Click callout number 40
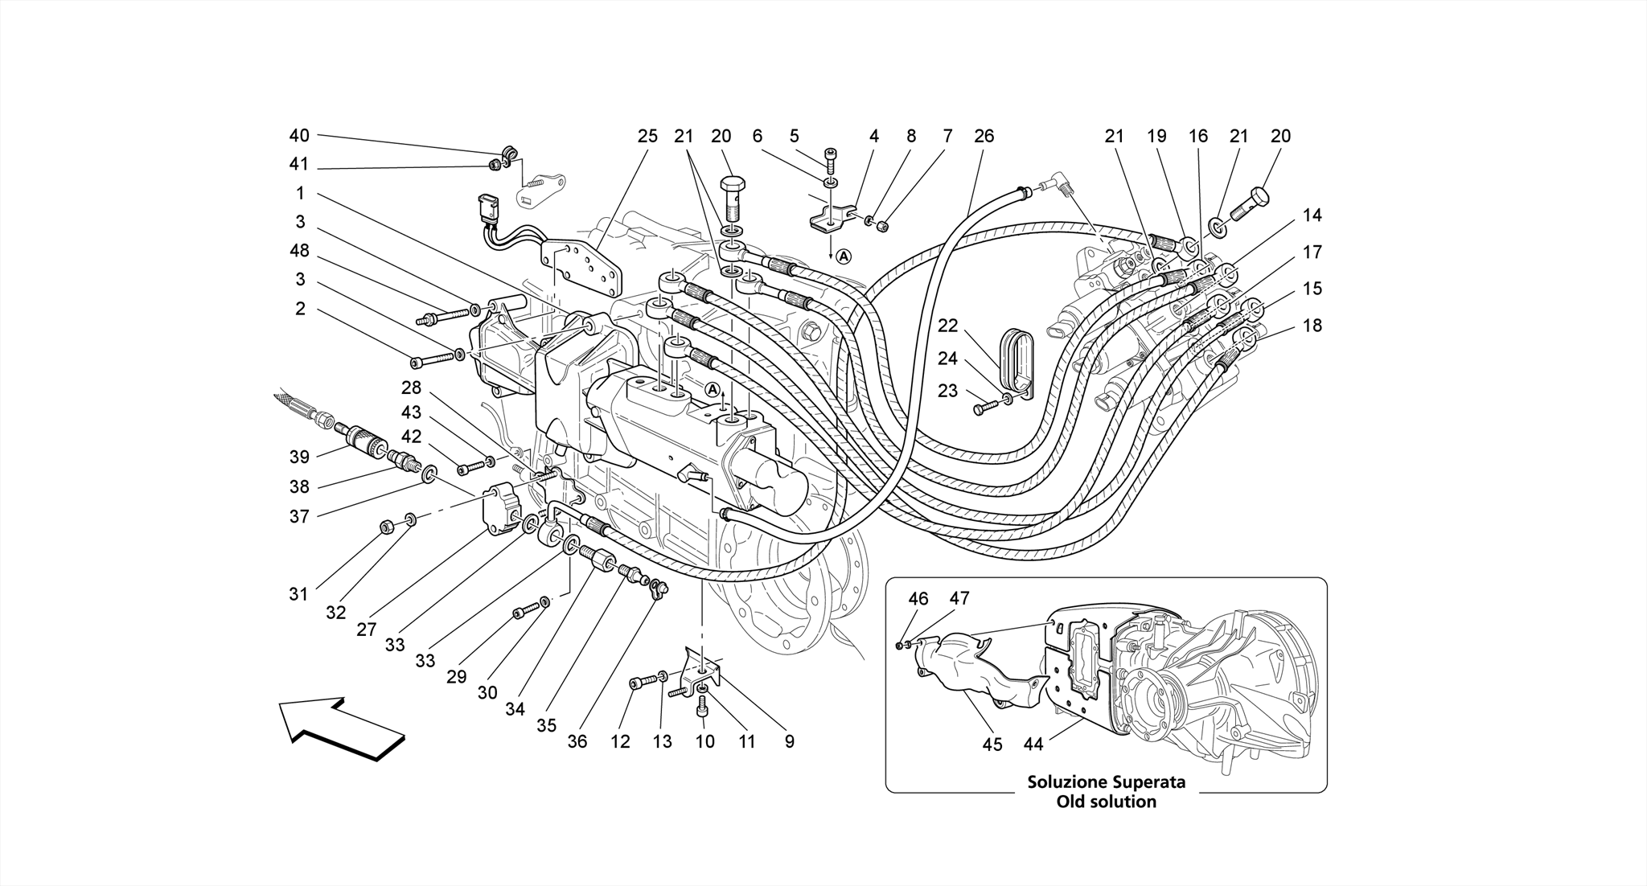[x=299, y=136]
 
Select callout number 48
[x=299, y=251]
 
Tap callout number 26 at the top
[x=984, y=136]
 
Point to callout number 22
[x=948, y=326]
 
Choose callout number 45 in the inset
[x=992, y=744]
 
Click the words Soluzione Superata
[x=1106, y=781]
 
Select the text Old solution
[x=1106, y=802]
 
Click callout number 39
[x=299, y=457]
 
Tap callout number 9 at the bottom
[x=789, y=741]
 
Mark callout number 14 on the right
[x=1312, y=215]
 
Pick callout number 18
[x=1312, y=326]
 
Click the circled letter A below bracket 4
[x=842, y=256]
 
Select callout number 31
[x=299, y=594]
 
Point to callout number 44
[x=1033, y=744]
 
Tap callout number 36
[x=577, y=741]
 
